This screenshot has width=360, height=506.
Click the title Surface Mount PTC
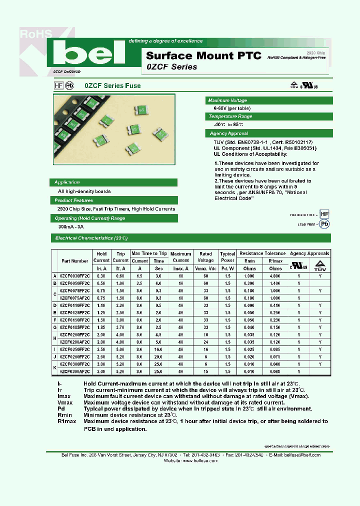click(x=203, y=56)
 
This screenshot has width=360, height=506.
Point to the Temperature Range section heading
click(x=230, y=116)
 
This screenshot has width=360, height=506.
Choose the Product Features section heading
click(x=73, y=200)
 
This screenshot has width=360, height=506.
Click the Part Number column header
click(x=75, y=260)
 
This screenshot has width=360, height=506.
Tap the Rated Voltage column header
click(x=205, y=257)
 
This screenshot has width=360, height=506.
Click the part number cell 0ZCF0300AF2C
click(x=75, y=372)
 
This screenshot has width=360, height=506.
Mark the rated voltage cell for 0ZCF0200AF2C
click(x=205, y=342)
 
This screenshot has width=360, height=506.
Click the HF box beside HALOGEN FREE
click(x=324, y=213)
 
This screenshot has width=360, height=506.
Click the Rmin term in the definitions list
click(x=65, y=415)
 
